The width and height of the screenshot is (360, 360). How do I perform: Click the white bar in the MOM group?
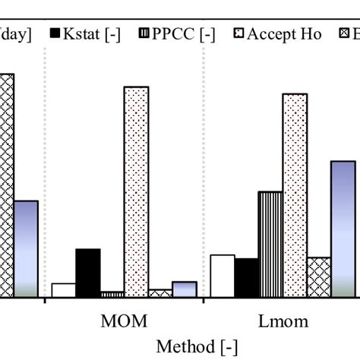63,289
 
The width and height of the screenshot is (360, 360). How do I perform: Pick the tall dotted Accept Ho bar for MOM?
136,191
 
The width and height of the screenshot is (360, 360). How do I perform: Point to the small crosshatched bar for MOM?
160,292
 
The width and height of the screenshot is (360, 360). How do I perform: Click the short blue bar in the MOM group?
185,289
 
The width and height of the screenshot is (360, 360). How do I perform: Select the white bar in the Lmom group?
222,276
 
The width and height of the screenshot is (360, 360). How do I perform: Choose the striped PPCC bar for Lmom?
270,244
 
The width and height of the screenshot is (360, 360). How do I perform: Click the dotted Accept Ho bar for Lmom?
295,195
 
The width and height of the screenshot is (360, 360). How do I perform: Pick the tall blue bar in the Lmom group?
343,229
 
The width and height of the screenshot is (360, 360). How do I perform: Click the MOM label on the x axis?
124,321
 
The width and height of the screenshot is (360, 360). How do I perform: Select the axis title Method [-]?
197,346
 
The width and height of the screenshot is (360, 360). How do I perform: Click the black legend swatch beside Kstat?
54,34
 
